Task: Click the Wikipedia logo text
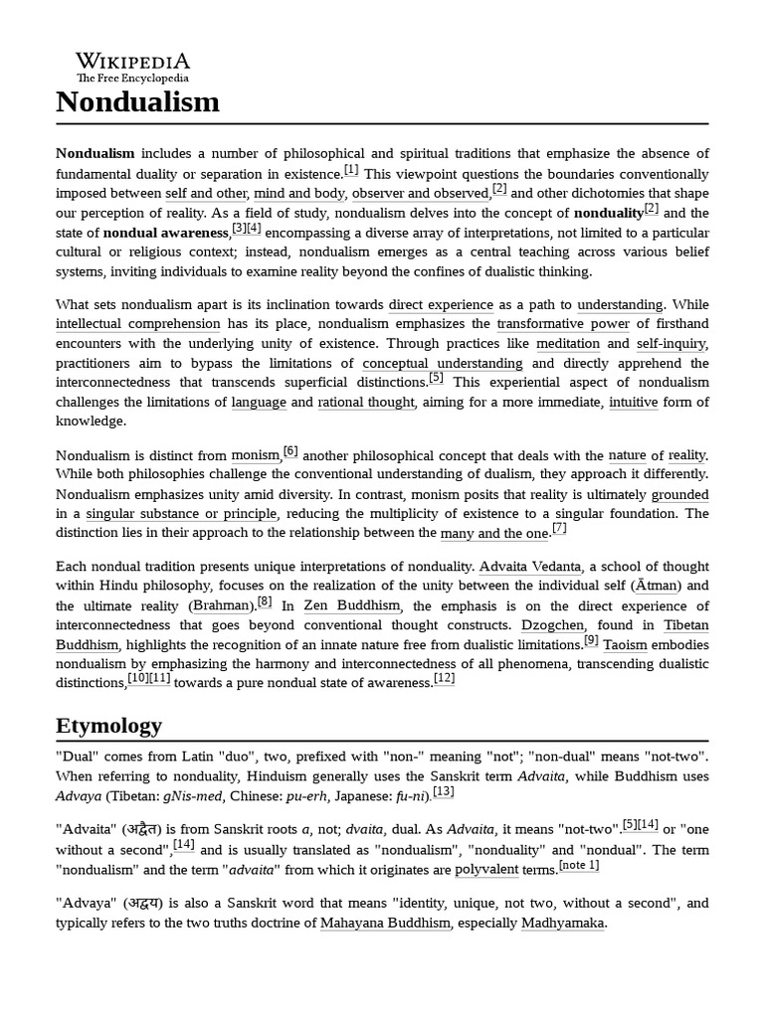[132, 62]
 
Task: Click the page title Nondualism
[137, 101]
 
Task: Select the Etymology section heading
[108, 725]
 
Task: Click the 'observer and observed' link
[406, 193]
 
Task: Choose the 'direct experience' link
[441, 304]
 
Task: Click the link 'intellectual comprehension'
[138, 324]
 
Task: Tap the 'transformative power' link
[563, 324]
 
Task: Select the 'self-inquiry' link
[671, 344]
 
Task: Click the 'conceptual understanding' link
[442, 364]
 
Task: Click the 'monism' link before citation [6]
[256, 455]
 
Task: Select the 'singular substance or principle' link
[181, 514]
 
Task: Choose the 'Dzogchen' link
[546, 625]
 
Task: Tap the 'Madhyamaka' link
[563, 923]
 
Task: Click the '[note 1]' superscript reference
[579, 865]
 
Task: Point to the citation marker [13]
[443, 791]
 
